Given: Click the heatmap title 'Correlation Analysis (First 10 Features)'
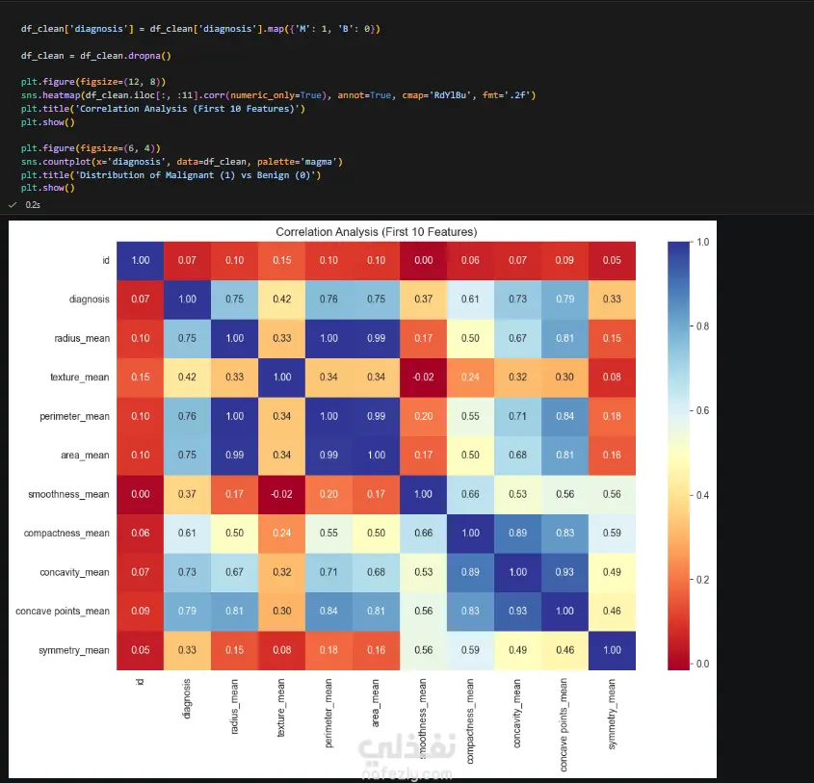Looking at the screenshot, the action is pos(377,232).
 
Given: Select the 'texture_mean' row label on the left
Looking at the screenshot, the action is pos(79,378).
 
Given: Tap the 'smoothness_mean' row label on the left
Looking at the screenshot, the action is pos(68,494).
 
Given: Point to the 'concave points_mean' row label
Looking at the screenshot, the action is pos(63,612).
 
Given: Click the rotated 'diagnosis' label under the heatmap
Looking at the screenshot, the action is pos(187,698).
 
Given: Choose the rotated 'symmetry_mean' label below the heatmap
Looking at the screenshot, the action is pos(612,714).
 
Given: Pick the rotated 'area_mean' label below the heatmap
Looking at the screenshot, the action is pos(376,702).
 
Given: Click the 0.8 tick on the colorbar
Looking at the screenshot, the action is pos(702,326).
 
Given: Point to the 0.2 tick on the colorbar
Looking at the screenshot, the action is pos(702,580).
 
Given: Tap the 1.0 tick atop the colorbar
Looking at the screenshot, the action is pos(702,243).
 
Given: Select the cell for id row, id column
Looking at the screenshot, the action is pos(141,261).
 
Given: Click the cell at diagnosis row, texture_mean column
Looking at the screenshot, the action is pos(282,300).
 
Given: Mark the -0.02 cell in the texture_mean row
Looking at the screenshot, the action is pos(423,378).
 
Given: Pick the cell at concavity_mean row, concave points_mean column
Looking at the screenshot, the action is pos(565,572).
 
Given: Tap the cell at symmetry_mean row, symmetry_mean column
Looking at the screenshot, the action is pos(612,651).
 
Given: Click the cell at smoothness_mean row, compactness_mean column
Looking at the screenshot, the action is pos(470,494).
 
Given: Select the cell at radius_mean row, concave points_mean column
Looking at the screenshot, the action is pos(565,339).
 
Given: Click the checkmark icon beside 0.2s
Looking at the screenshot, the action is pos(13,205).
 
